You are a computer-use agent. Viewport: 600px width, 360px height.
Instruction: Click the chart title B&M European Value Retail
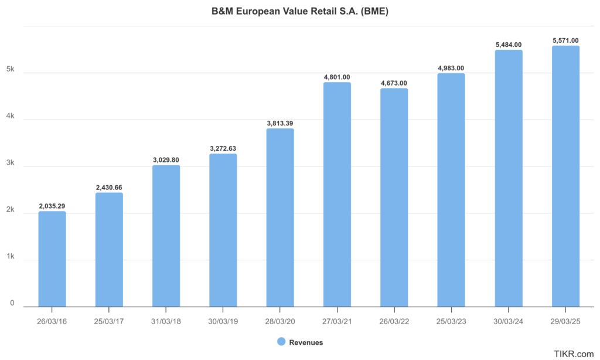300,11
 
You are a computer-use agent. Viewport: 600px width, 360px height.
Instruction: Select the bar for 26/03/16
52,259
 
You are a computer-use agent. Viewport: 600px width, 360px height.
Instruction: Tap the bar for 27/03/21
337,194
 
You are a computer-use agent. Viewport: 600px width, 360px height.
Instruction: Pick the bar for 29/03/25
565,176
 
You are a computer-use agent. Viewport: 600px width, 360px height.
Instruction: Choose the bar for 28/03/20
280,217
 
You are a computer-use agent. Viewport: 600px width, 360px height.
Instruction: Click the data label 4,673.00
394,83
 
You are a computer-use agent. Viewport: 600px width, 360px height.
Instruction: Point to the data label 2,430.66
109,188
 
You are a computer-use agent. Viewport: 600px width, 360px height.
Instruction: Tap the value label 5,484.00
508,45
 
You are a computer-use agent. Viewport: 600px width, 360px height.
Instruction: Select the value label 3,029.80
166,160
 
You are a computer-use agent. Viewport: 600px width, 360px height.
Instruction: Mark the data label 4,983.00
451,68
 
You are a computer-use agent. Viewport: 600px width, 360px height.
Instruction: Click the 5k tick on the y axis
11,69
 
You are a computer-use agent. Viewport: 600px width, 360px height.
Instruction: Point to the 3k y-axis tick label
11,163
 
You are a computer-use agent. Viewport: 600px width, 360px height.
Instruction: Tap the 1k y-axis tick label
11,256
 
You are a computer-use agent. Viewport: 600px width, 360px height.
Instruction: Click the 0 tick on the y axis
12,303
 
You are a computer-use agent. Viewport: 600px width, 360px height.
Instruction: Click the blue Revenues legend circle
281,342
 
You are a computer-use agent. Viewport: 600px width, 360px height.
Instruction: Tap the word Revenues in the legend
306,342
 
